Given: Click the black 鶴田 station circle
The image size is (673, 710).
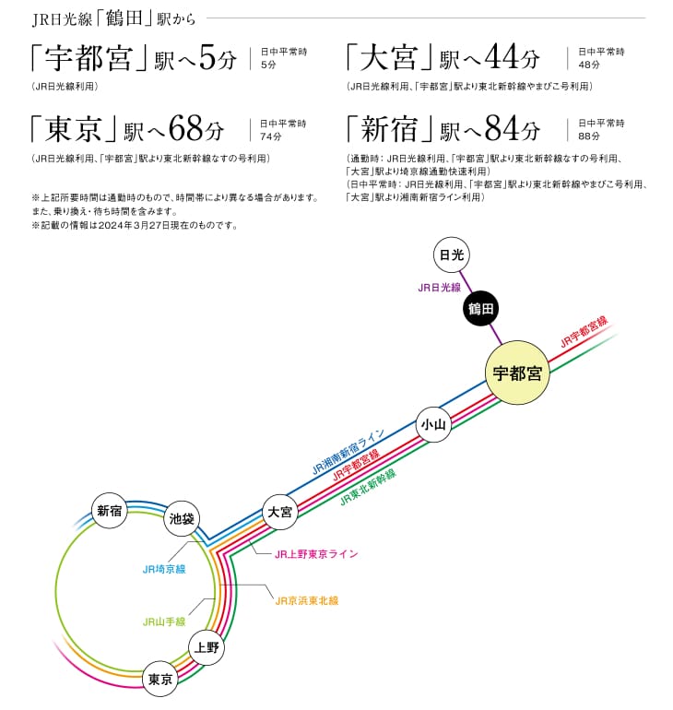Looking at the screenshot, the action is point(480,309).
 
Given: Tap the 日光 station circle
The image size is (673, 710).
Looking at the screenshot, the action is point(452,254).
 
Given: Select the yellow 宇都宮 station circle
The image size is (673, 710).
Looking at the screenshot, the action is point(517,373).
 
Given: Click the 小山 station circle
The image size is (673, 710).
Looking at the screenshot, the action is point(433,424).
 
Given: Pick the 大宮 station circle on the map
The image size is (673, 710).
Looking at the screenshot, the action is point(280,512).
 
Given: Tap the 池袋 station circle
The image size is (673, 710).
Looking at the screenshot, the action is point(182,518).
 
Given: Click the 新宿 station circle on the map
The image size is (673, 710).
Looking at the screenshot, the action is point(110,511).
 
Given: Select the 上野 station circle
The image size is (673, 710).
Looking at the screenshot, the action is point(207,647).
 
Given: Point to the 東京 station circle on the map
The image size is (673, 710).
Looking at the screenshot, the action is point(160,680).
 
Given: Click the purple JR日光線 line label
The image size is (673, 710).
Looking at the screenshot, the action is point(439,288).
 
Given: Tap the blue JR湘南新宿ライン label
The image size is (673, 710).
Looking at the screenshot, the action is point(348,452).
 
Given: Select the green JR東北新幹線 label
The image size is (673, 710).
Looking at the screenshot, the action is point(368,487).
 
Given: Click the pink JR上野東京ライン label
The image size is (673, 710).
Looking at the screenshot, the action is point(316,554).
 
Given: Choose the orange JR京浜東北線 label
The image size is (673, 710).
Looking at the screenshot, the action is point(307,601).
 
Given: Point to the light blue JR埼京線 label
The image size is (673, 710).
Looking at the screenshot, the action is point(164,569).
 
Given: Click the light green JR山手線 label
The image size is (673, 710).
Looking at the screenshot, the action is point(164,621).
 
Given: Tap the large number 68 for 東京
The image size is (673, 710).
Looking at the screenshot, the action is point(186,128).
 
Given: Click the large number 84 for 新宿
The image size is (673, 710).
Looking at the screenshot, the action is point(502,128).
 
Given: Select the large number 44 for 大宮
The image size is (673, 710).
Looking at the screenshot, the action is point(502,57).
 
